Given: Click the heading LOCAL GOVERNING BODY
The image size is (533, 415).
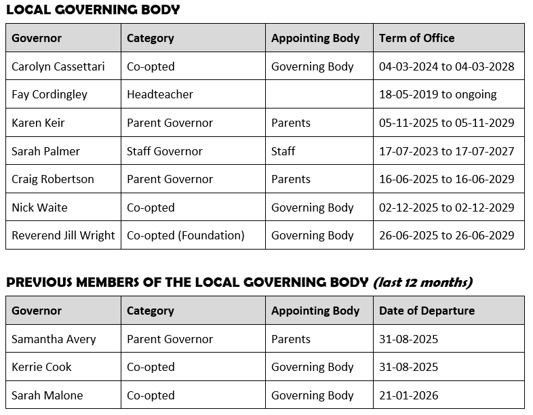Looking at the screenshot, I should pyautogui.click(x=93, y=9).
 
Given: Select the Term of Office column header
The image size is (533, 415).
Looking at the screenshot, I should pyautogui.click(x=416, y=38).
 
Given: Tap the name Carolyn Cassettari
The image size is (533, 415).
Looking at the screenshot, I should pyautogui.click(x=58, y=66).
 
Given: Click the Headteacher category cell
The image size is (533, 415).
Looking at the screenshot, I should pyautogui.click(x=160, y=94).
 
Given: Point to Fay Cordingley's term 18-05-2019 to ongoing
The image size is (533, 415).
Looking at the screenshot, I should pyautogui.click(x=438, y=94).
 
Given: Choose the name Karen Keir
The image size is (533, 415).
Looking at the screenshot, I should pyautogui.click(x=38, y=123).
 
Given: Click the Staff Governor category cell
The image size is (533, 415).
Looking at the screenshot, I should pyautogui.click(x=165, y=151).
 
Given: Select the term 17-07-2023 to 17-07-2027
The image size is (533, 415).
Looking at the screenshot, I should pyautogui.click(x=446, y=151).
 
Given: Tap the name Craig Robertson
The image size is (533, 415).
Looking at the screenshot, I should pyautogui.click(x=53, y=179).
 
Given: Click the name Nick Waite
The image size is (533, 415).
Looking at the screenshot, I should pyautogui.click(x=39, y=207).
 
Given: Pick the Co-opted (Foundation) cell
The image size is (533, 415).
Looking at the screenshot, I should pyautogui.click(x=186, y=235).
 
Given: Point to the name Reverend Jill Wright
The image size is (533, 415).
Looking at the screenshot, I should pyautogui.click(x=63, y=235).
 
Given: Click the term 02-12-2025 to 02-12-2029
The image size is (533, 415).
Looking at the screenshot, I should pyautogui.click(x=446, y=207).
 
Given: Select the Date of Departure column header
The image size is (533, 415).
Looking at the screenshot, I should pyautogui.click(x=427, y=311).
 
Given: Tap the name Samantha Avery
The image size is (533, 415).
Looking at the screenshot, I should pyautogui.click(x=54, y=339).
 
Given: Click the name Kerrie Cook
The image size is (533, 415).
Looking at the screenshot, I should pyautogui.click(x=41, y=367).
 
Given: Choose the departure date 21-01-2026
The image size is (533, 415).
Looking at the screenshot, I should pyautogui.click(x=408, y=395).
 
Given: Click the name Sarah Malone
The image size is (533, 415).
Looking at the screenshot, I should pyautogui.click(x=47, y=395).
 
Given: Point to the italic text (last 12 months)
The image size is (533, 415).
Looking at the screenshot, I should pyautogui.click(x=422, y=282).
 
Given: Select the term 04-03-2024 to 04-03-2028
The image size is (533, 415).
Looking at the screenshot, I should pyautogui.click(x=446, y=66).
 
